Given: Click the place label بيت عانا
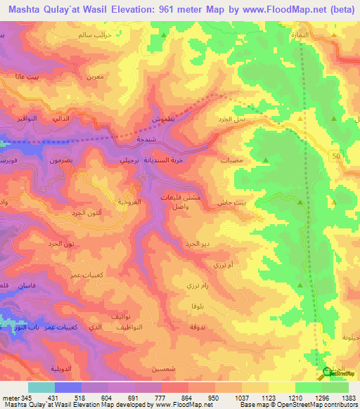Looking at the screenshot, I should click(27, 76).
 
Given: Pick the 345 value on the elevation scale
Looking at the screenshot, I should click(20, 398).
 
